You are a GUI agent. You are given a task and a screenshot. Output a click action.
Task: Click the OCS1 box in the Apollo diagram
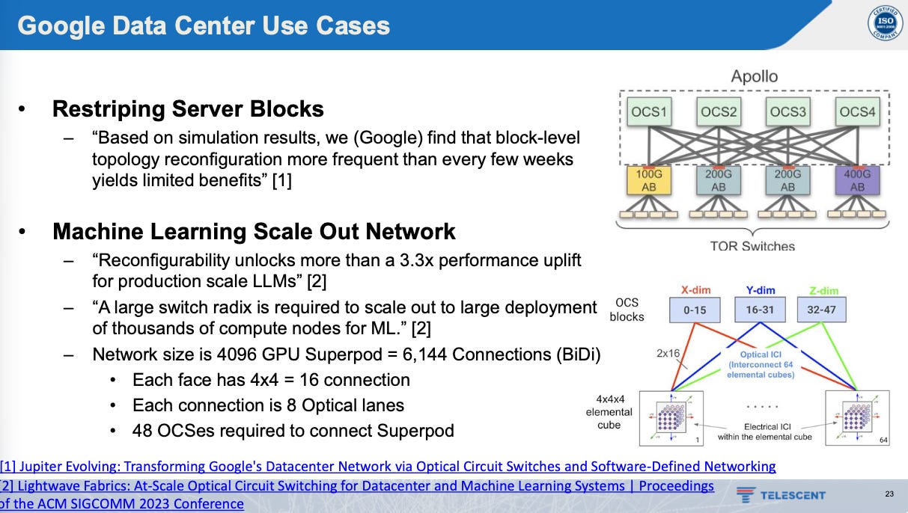click(x=649, y=112)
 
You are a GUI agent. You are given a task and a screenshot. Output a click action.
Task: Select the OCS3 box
click(x=788, y=112)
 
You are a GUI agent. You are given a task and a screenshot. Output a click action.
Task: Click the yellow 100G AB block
click(x=649, y=181)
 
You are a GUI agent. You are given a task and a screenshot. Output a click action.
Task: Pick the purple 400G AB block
click(x=857, y=181)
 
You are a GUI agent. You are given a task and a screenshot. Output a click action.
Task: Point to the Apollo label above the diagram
click(x=754, y=76)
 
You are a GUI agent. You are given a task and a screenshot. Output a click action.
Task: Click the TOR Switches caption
click(x=752, y=245)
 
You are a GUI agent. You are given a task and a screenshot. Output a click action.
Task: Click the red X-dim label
click(x=694, y=290)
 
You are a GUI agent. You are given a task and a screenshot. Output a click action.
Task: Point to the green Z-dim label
click(x=823, y=290)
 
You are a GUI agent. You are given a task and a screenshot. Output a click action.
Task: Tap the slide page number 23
click(x=889, y=494)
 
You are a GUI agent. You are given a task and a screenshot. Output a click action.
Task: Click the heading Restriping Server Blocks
click(x=188, y=109)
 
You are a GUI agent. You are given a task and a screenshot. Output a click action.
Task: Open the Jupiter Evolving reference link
click(x=389, y=467)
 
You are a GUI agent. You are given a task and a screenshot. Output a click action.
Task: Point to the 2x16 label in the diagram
click(x=668, y=352)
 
